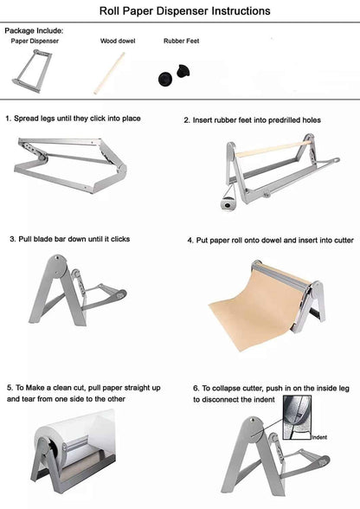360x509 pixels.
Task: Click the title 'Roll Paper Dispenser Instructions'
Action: click(x=179, y=11)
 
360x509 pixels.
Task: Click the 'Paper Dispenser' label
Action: click(x=34, y=41)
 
